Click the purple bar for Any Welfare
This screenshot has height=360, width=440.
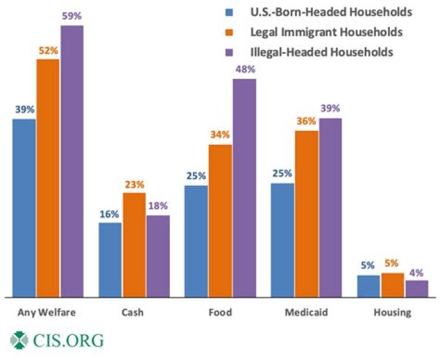point(72,161)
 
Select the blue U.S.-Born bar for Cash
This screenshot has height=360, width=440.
point(110,260)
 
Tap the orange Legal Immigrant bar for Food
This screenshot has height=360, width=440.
point(220,221)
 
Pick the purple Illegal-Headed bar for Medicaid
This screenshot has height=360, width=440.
point(330,208)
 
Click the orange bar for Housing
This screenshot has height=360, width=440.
point(392,285)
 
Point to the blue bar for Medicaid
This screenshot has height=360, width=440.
point(282,240)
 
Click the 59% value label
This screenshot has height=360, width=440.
point(71,17)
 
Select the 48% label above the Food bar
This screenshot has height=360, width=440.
point(244,70)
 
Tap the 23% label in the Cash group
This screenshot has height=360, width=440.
point(134,183)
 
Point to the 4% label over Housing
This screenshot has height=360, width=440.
point(417,273)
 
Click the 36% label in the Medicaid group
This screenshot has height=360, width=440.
point(306,121)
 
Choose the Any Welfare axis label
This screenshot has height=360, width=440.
point(47,313)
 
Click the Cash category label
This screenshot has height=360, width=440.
point(133,313)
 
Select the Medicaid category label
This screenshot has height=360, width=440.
point(306,313)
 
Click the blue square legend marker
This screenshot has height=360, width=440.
point(230,12)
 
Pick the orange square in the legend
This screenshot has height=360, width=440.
point(230,32)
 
